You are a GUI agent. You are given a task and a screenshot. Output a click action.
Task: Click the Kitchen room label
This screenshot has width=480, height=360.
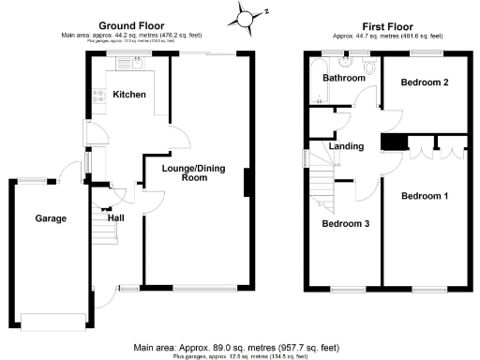point(128,96)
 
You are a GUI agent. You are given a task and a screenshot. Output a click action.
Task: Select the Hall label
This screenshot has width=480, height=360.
point(115,217)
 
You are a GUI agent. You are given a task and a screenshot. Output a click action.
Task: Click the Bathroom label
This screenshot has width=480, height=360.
point(343,79)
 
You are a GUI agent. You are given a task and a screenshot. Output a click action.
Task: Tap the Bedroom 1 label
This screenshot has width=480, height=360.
point(424,196)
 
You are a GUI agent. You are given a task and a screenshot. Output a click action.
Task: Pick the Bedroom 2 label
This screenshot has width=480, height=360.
point(424,83)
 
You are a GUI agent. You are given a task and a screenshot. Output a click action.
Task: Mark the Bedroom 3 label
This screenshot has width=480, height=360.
point(345,224)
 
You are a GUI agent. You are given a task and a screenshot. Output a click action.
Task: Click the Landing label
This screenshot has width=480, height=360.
point(345,145)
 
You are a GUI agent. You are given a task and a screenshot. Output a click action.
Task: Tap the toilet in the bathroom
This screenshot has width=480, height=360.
point(368,66)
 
